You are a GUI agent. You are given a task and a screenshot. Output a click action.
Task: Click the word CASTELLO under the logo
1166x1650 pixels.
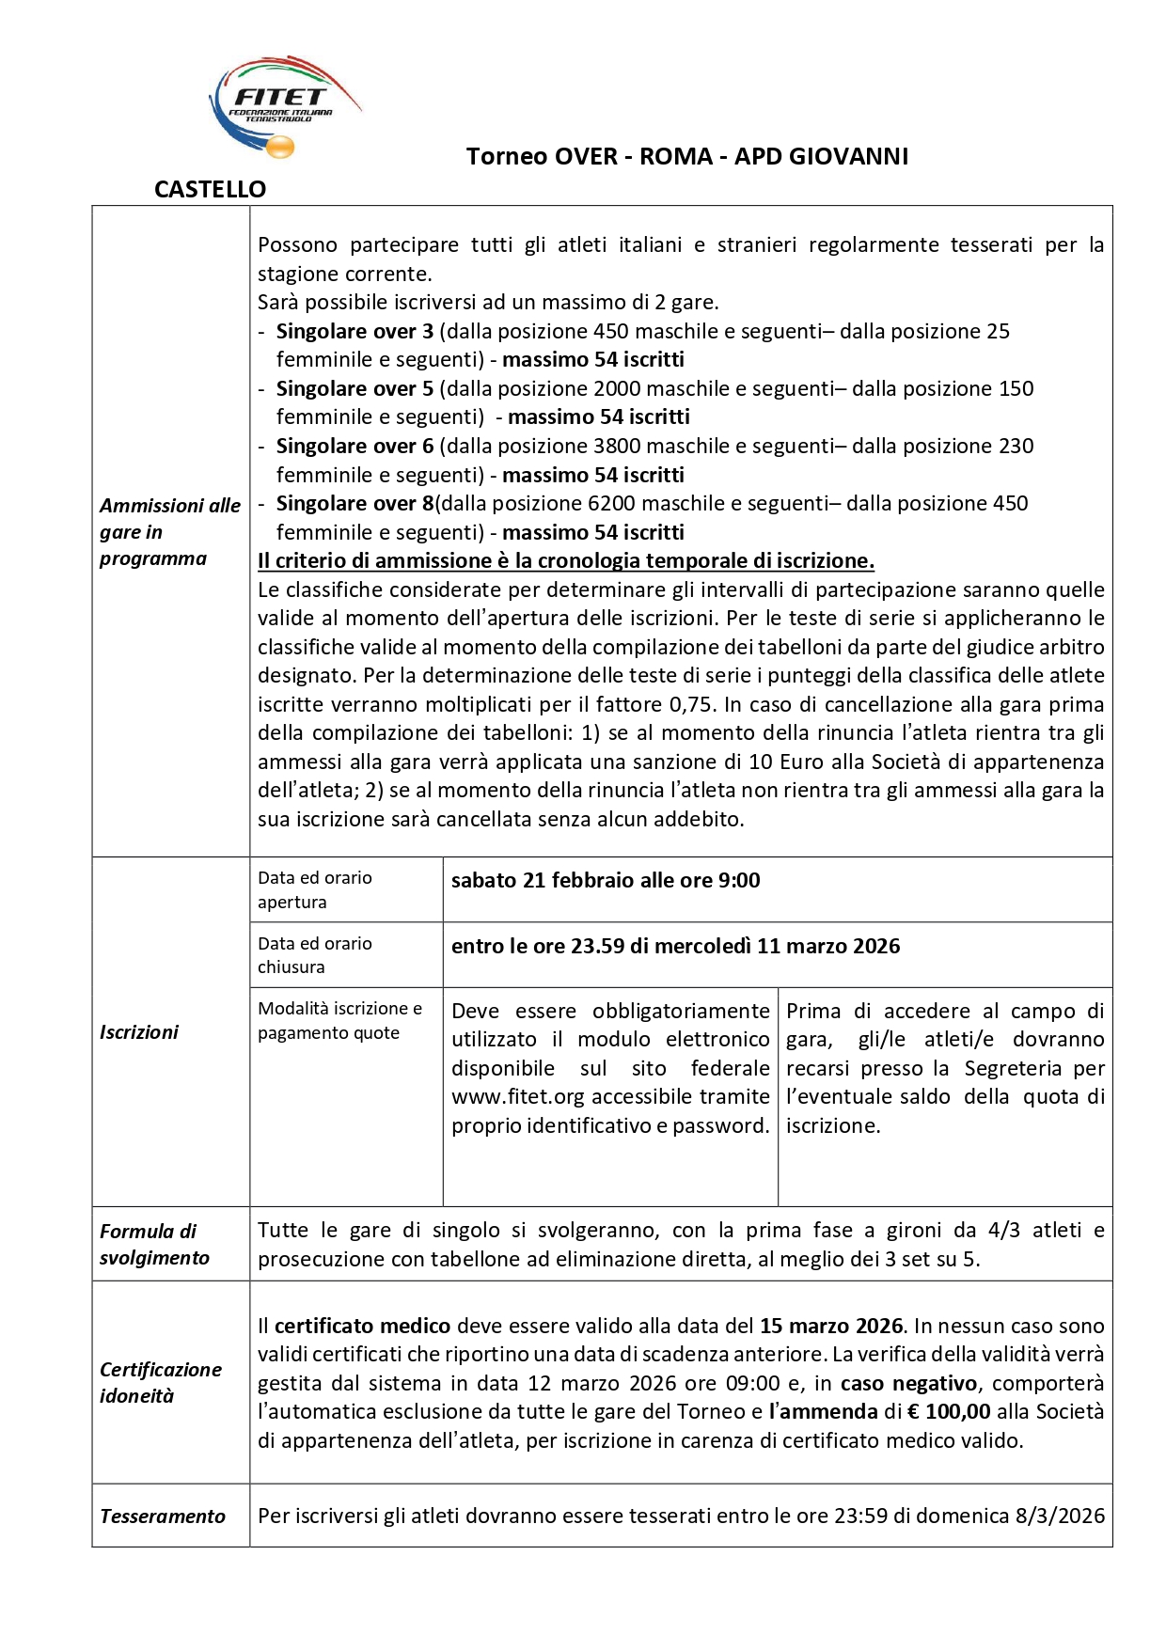pyautogui.click(x=210, y=190)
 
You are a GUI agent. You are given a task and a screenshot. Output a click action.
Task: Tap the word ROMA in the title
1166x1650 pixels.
pyautogui.click(x=675, y=156)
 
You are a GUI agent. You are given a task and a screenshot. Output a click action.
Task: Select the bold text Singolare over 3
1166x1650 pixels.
pyautogui.click(x=355, y=331)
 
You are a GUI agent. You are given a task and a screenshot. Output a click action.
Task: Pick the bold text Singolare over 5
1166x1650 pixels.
pyautogui.click(x=355, y=388)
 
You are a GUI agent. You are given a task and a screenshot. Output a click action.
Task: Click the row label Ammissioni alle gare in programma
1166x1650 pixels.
pyautogui.click(x=169, y=531)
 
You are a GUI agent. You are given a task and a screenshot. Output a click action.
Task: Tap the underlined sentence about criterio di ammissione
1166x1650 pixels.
pyautogui.click(x=566, y=560)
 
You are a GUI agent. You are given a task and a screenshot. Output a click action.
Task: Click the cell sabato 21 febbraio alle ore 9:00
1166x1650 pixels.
pyautogui.click(x=606, y=880)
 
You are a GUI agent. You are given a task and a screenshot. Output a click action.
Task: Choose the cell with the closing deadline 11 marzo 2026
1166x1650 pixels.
pyautogui.click(x=675, y=946)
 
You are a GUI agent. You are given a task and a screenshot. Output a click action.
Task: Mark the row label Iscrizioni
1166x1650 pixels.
pyautogui.click(x=139, y=1031)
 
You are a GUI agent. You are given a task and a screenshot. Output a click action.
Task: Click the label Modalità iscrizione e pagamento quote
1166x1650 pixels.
pyautogui.click(x=339, y=1020)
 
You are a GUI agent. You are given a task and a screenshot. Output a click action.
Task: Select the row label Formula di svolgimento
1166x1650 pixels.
pyautogui.click(x=153, y=1244)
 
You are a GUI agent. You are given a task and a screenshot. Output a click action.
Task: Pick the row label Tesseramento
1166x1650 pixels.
pyautogui.click(x=163, y=1516)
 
